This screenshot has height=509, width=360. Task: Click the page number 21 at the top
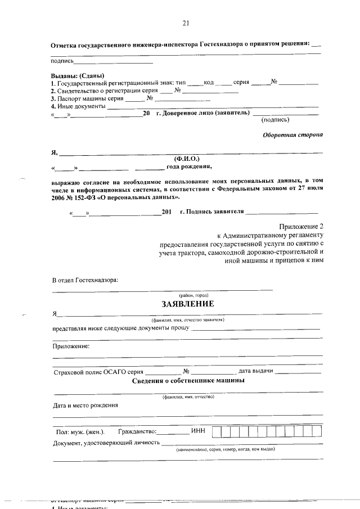coord(186,23)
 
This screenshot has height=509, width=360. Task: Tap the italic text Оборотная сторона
coord(293,135)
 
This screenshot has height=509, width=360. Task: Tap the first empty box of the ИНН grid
coord(224,431)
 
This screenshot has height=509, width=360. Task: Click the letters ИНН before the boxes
coord(199,431)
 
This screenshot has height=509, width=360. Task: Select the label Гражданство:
coord(137,432)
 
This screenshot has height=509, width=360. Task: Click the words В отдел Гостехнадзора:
coord(85,280)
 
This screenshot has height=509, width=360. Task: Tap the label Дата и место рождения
coord(85,405)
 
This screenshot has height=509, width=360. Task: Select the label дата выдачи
coord(256,371)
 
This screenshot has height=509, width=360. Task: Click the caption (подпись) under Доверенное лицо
coord(276,119)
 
